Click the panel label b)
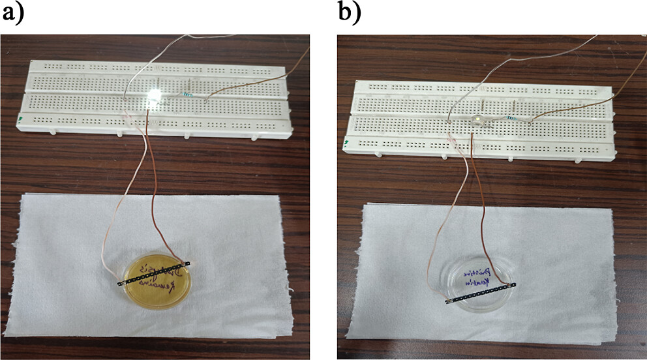coord(349,12)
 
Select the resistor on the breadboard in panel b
coord(517,117)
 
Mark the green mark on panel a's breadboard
coord(22,119)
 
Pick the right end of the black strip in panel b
coord(513,284)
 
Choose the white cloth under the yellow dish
coord(65,261)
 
